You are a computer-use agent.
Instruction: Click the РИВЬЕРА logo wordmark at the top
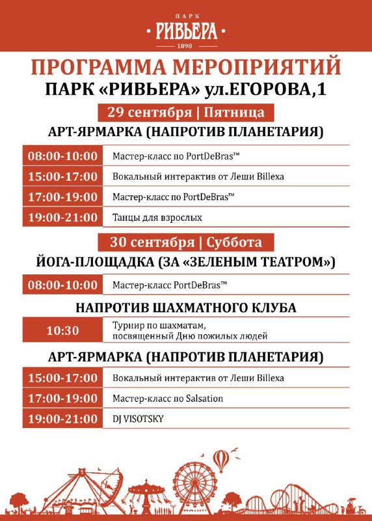(x=185, y=30)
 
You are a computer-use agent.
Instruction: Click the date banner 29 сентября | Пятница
(x=186, y=112)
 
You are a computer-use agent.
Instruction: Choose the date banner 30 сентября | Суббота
(x=186, y=242)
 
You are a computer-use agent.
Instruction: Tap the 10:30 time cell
(x=62, y=330)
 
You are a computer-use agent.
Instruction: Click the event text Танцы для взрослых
(x=157, y=217)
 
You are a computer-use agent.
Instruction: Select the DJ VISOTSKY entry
(x=138, y=418)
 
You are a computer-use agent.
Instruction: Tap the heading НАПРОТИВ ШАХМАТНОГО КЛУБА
(x=186, y=307)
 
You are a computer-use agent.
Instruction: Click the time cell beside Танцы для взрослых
(x=62, y=217)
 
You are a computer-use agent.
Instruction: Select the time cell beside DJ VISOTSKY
(x=62, y=418)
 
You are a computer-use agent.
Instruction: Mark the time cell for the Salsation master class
(x=62, y=398)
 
